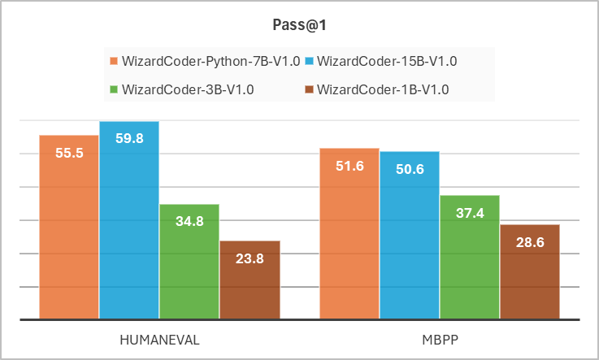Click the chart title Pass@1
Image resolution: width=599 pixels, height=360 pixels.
click(299, 25)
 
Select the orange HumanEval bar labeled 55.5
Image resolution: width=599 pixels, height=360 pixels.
click(69, 227)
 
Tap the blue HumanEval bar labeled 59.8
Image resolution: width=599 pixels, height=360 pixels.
click(129, 220)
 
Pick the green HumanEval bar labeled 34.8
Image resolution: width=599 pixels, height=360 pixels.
click(189, 262)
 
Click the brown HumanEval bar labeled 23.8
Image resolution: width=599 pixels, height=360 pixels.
click(250, 280)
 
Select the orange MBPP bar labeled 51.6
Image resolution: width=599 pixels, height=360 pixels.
click(349, 233)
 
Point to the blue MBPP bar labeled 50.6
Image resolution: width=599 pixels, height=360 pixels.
click(410, 235)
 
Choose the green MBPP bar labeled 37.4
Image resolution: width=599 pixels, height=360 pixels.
click(470, 257)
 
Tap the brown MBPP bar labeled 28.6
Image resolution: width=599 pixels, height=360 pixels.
click(530, 271)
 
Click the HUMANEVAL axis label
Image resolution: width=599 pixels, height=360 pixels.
click(159, 340)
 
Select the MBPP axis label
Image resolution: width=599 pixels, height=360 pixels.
click(440, 340)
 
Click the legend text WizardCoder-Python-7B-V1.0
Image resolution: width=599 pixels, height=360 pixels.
click(211, 61)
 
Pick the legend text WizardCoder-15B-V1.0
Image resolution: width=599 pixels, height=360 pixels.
click(387, 61)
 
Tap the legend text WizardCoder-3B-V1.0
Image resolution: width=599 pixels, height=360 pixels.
click(188, 89)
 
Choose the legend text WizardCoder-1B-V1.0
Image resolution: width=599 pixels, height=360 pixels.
click(383, 89)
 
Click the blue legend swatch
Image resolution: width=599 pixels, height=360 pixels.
click(309, 61)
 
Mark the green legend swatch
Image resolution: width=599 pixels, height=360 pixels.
click(114, 89)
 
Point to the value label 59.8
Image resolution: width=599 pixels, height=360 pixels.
click(129, 138)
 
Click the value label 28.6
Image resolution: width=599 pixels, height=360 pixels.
click(530, 242)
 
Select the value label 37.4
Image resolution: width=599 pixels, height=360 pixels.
click(470, 213)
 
